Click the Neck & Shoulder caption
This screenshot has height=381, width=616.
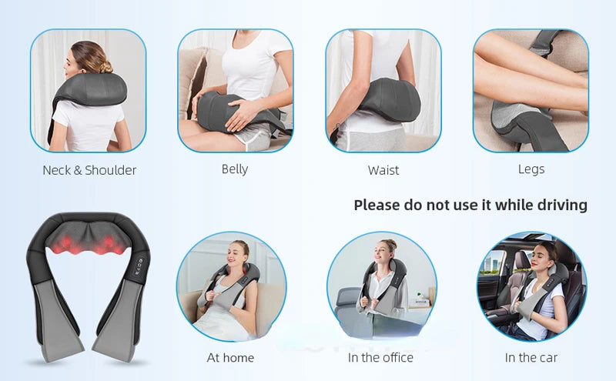(x=89, y=170)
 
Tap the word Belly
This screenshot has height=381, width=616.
(x=235, y=169)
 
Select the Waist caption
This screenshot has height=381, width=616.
(x=383, y=170)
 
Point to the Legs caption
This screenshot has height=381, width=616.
(x=531, y=169)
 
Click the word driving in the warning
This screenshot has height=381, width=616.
(x=561, y=205)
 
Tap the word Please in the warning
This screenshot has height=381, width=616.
(x=377, y=205)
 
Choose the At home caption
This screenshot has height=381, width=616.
(x=230, y=357)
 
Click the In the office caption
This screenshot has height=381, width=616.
(x=380, y=357)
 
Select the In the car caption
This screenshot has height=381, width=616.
(x=531, y=357)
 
